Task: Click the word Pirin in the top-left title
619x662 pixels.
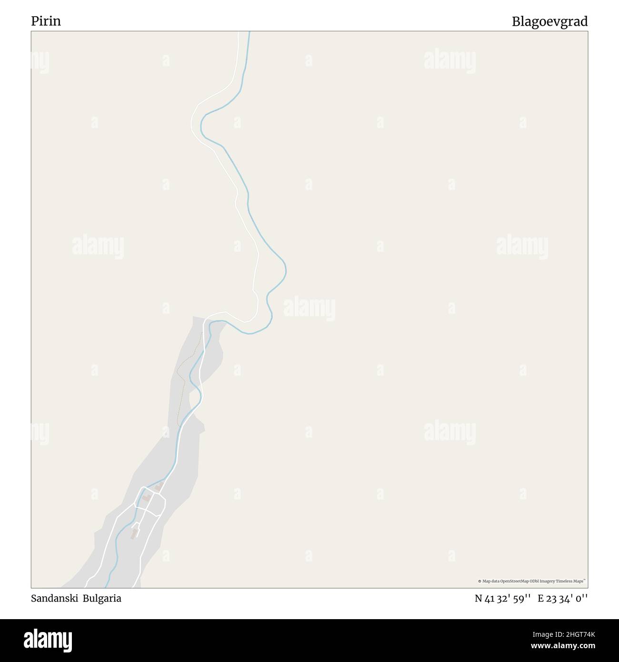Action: click(46, 21)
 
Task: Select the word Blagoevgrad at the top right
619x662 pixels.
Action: click(549, 21)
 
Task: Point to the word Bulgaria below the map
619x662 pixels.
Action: click(102, 598)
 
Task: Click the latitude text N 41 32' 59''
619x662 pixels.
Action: click(502, 599)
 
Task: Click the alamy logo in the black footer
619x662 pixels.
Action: click(49, 640)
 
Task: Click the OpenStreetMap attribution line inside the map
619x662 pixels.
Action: click(531, 581)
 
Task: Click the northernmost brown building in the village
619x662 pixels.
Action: click(159, 487)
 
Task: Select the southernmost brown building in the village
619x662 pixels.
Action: click(134, 534)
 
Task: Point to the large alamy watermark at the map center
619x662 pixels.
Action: click(309, 308)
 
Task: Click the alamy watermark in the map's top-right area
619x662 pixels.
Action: click(449, 61)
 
